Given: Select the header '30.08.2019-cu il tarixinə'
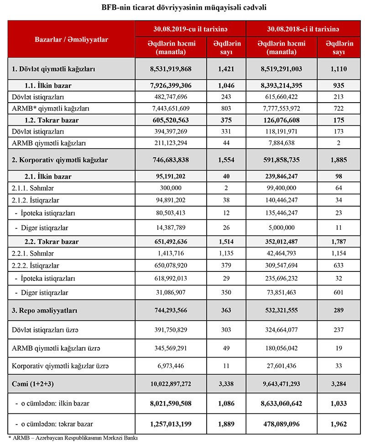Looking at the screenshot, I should pos(191,29).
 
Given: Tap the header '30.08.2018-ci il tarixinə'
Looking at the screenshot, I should pos(302,29).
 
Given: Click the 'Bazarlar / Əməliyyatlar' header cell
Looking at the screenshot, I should pos(72,40).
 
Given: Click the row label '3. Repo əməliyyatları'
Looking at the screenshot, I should pos(45,311).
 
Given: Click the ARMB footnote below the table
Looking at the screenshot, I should pos(73,437).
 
